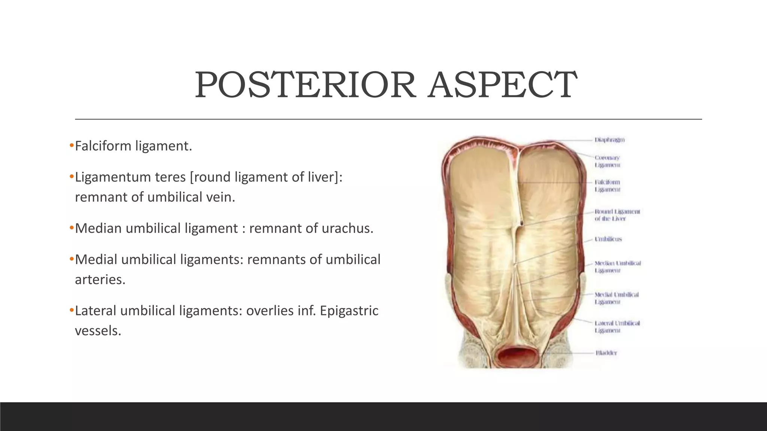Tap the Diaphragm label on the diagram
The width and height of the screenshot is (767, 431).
609,140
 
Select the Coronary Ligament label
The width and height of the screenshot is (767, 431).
607,161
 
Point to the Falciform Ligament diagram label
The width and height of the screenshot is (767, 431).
607,186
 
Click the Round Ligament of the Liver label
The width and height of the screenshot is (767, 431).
617,215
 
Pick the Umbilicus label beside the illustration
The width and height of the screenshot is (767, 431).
608,239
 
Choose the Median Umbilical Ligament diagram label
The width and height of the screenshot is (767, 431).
617,267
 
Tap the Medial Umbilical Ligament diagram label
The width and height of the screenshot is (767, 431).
616,298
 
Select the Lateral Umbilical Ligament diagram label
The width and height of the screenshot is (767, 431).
617,327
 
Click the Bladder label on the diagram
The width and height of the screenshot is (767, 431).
606,353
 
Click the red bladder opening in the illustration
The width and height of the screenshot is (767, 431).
519,356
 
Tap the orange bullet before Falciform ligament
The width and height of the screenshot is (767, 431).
72,146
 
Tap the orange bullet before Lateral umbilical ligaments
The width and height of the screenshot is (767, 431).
72,310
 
